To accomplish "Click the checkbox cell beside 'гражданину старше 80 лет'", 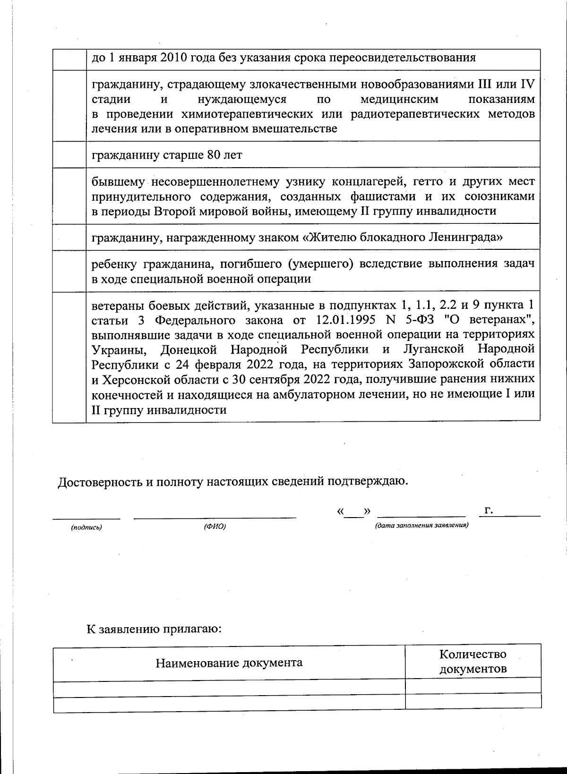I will [x=69, y=155].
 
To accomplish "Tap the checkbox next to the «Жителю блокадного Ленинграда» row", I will [x=69, y=237].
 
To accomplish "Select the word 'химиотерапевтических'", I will [x=236, y=114].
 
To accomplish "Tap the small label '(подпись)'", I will [x=86, y=527].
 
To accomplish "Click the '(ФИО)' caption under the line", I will [x=215, y=527].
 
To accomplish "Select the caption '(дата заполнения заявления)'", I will [x=421, y=525].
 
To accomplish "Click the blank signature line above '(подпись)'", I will [x=86, y=518].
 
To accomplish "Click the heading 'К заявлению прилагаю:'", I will [x=154, y=629].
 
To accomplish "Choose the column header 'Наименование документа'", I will [x=229, y=663].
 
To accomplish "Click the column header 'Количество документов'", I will [x=472, y=662].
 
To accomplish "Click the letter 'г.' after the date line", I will [x=489, y=510].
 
